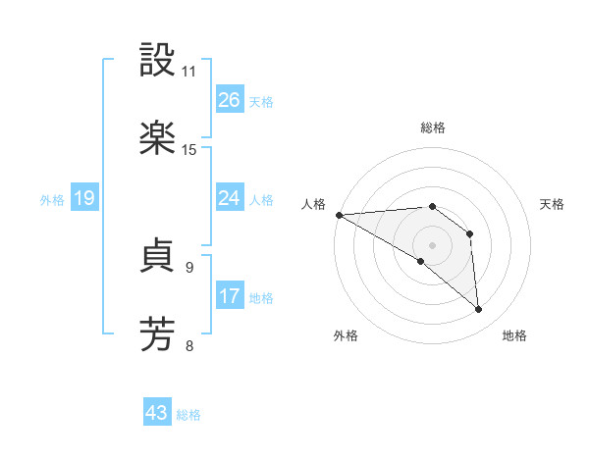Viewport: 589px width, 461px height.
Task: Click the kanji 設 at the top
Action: [x=158, y=61]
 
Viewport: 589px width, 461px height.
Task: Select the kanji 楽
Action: [x=158, y=137]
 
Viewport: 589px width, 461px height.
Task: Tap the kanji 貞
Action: [x=158, y=257]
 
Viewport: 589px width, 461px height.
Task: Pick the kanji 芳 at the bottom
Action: [x=158, y=333]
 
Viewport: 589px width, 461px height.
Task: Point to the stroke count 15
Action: [x=189, y=149]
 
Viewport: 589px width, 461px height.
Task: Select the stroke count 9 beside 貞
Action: [x=189, y=267]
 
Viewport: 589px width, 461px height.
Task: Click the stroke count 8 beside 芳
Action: [x=189, y=344]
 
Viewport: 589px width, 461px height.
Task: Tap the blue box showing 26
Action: [x=230, y=100]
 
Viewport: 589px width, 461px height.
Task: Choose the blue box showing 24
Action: [x=230, y=198]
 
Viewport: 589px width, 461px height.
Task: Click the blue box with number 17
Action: [x=230, y=296]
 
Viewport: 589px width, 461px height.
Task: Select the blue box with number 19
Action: [x=84, y=198]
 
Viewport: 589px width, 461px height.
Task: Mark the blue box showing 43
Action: [x=157, y=413]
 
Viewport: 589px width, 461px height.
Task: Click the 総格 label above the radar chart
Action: [x=433, y=128]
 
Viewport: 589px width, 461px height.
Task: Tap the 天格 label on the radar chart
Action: [x=553, y=204]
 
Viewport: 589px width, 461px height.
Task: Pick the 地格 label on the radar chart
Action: [x=514, y=335]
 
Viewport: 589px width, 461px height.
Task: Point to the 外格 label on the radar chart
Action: [x=346, y=335]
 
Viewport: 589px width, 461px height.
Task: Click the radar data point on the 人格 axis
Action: [x=339, y=214]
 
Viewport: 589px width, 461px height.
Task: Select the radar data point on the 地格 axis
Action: [x=479, y=310]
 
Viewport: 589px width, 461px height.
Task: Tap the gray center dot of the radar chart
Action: [x=432, y=244]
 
